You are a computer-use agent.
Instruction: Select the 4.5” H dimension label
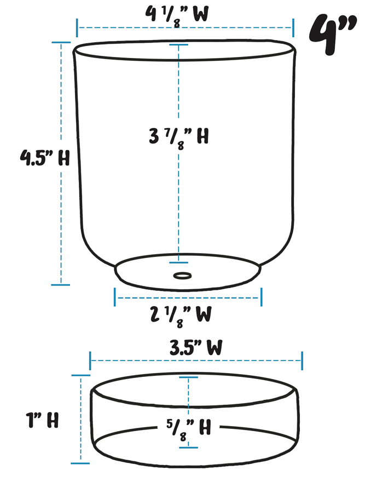45,158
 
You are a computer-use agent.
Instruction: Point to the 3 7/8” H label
179,137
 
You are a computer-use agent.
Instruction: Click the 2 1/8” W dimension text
181,314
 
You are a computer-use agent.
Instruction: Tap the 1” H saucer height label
42,421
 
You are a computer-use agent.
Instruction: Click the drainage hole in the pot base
182,275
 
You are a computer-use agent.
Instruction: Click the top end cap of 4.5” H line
61,42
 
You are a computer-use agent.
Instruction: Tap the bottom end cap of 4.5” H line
61,285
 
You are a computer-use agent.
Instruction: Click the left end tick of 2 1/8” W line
114,297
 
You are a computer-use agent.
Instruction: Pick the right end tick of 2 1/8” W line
261,297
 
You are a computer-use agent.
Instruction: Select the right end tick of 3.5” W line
302,361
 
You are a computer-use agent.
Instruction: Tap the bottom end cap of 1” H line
80,463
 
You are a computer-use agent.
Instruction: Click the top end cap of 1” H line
80,376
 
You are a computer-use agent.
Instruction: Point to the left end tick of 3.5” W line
90,361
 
